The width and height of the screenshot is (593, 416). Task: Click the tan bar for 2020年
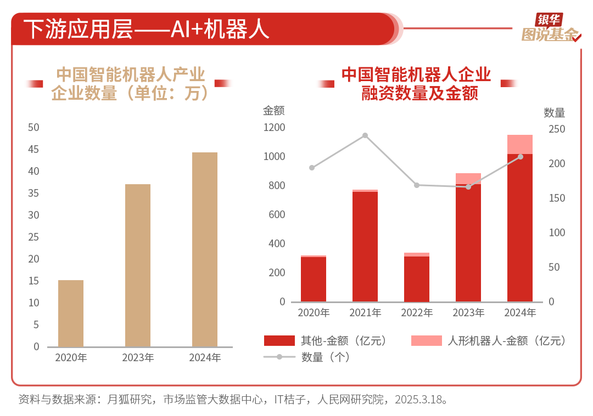(71, 313)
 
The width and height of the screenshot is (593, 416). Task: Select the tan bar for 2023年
(138, 265)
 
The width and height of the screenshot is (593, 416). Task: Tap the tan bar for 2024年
(205, 249)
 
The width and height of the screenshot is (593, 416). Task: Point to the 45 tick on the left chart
(33, 149)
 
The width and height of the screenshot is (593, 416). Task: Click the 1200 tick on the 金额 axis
(275, 128)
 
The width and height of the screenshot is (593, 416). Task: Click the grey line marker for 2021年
(365, 135)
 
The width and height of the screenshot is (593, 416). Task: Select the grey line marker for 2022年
(417, 185)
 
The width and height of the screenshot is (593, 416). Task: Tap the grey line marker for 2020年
(312, 168)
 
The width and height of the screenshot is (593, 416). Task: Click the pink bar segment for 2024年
(520, 144)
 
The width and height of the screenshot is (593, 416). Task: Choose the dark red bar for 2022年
(417, 278)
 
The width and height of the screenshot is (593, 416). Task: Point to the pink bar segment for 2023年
(468, 178)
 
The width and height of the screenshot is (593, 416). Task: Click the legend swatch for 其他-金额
(279, 341)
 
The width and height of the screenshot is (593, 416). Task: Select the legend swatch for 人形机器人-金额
(426, 341)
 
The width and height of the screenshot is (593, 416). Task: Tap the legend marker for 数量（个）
(279, 357)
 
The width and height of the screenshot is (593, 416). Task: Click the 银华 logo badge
(550, 20)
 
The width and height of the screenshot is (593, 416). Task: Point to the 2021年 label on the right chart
(365, 313)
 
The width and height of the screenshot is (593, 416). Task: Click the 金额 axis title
(273, 111)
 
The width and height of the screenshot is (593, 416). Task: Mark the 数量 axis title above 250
(554, 113)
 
